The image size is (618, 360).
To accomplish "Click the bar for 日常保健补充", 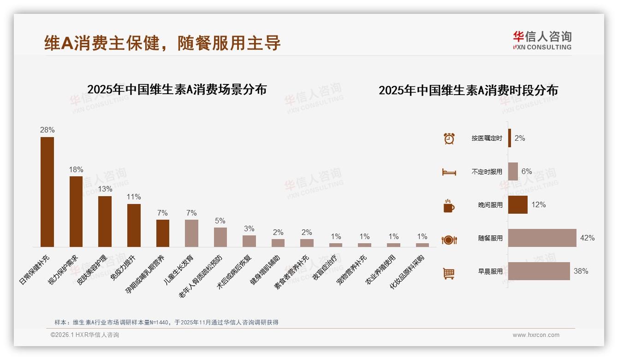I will click(x=47, y=192).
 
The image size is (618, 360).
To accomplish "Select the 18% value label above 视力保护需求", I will click(x=76, y=169).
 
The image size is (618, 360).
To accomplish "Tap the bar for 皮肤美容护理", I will click(x=105, y=222).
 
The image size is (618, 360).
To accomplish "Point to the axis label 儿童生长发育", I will click(x=179, y=269).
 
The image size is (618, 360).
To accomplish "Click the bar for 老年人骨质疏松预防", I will click(x=220, y=237).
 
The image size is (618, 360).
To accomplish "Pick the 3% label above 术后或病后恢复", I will click(x=249, y=228).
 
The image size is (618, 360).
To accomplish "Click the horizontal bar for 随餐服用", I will click(x=542, y=238).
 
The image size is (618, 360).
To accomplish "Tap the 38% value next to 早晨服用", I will click(x=581, y=271).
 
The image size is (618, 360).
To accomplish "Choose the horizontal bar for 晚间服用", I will click(x=517, y=204).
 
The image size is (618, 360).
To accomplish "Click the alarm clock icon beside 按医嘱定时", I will click(x=449, y=138).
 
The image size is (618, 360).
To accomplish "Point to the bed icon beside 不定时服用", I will click(x=449, y=172).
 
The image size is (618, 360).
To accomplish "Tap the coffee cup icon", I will click(x=449, y=206).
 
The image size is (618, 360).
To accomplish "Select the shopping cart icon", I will click(x=449, y=273).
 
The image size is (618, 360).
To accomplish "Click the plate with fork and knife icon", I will click(x=449, y=240).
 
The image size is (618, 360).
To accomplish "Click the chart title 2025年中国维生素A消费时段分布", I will click(x=468, y=90).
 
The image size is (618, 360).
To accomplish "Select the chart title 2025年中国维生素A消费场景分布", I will click(x=177, y=89).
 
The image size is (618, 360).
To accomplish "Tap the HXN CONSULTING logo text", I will click(x=542, y=47).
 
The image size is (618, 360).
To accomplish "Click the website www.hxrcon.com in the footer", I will click(x=536, y=335).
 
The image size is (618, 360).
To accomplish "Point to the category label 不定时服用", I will click(x=487, y=172).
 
